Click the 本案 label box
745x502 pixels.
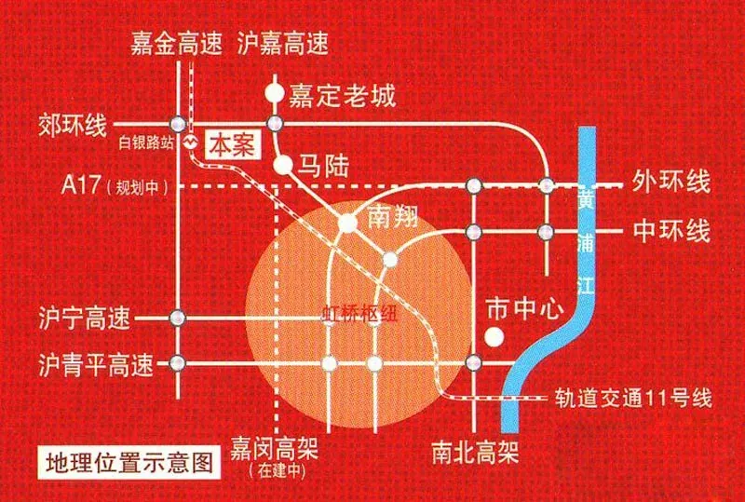(233, 145)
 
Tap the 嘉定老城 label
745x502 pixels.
(342, 97)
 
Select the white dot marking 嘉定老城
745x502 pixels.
(275, 93)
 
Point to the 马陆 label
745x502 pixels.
(323, 166)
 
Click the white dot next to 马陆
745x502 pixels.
(283, 165)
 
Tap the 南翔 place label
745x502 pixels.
(393, 217)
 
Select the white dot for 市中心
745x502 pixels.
(494, 336)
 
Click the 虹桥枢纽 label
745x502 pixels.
(359, 315)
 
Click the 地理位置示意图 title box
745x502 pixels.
(129, 463)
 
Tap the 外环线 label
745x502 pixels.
(670, 183)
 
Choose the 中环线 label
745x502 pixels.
(671, 231)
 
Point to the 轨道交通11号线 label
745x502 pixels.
(633, 399)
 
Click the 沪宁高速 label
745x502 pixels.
(85, 318)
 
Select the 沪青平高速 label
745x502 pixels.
(97, 365)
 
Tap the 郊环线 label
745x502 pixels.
(73, 126)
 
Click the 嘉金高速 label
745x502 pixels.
(177, 44)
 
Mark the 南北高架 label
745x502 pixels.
(475, 452)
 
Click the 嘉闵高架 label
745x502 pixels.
(275, 448)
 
